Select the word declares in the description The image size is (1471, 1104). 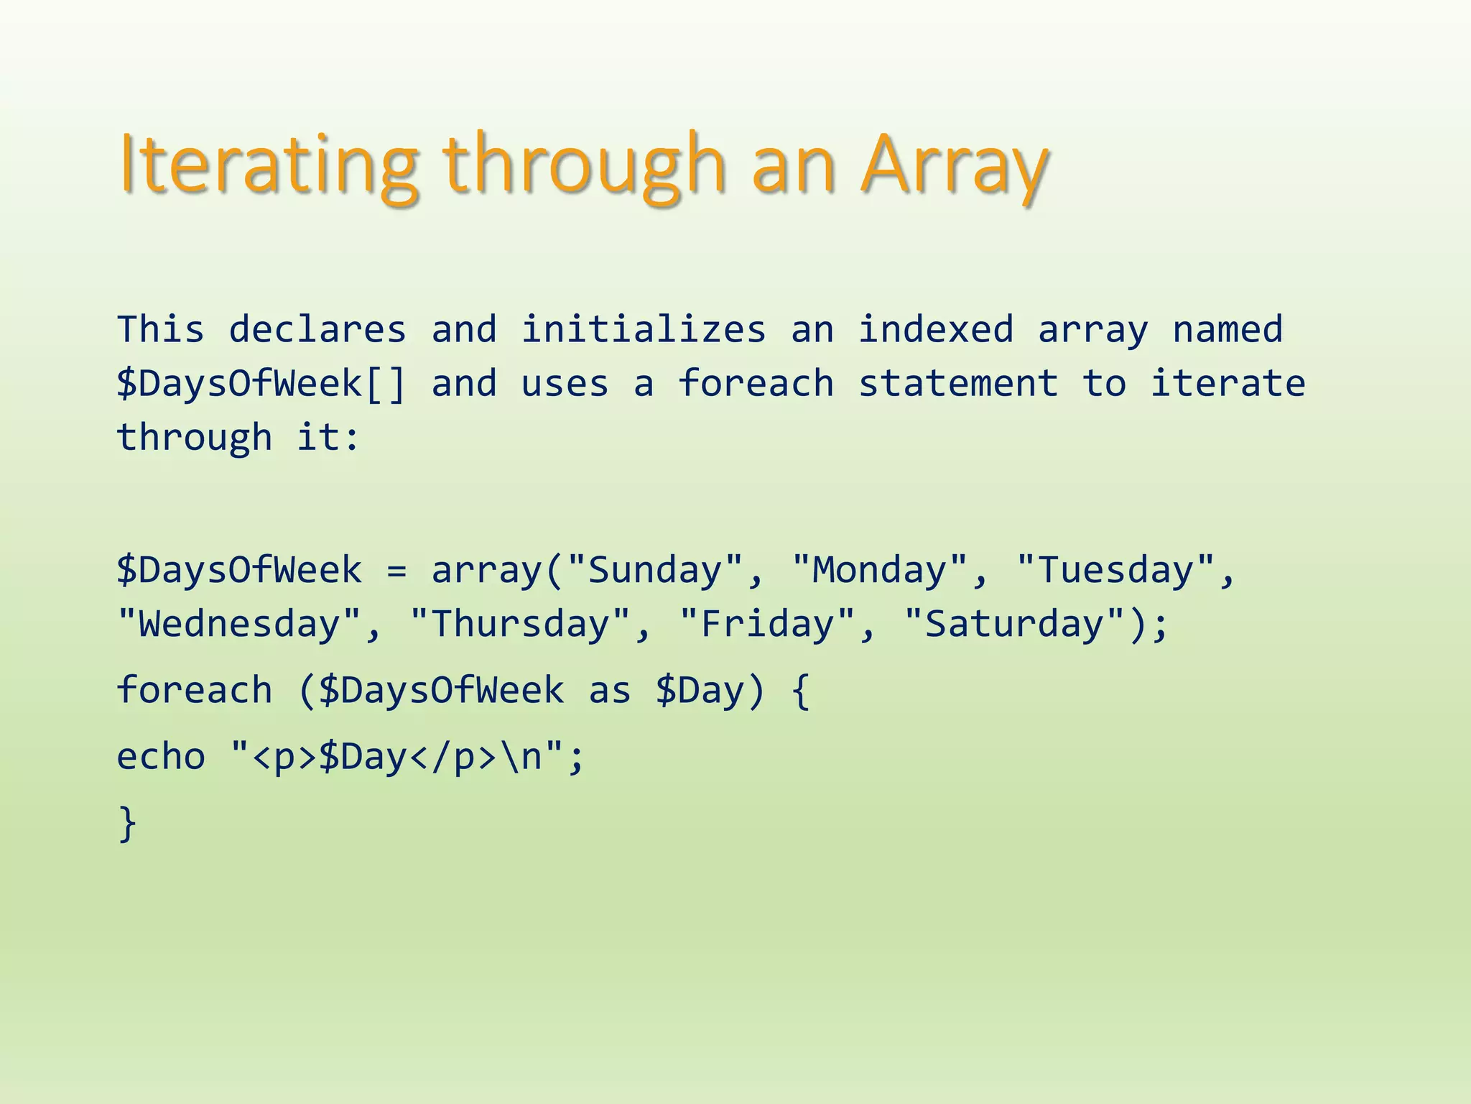click(x=317, y=330)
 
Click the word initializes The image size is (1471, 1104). click(x=644, y=330)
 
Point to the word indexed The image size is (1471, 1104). click(x=936, y=330)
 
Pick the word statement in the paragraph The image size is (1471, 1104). click(x=958, y=384)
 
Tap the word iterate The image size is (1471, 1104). click(x=1228, y=384)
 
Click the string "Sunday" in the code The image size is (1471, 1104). click(x=654, y=571)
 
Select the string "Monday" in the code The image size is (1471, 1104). click(x=879, y=571)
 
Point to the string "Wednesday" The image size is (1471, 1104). click(x=239, y=624)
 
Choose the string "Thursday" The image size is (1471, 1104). click(x=520, y=624)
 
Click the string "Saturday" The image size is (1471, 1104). click(x=1014, y=624)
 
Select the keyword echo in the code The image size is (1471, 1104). click(x=161, y=757)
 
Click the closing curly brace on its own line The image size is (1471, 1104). click(x=127, y=823)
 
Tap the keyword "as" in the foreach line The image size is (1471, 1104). click(x=610, y=691)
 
